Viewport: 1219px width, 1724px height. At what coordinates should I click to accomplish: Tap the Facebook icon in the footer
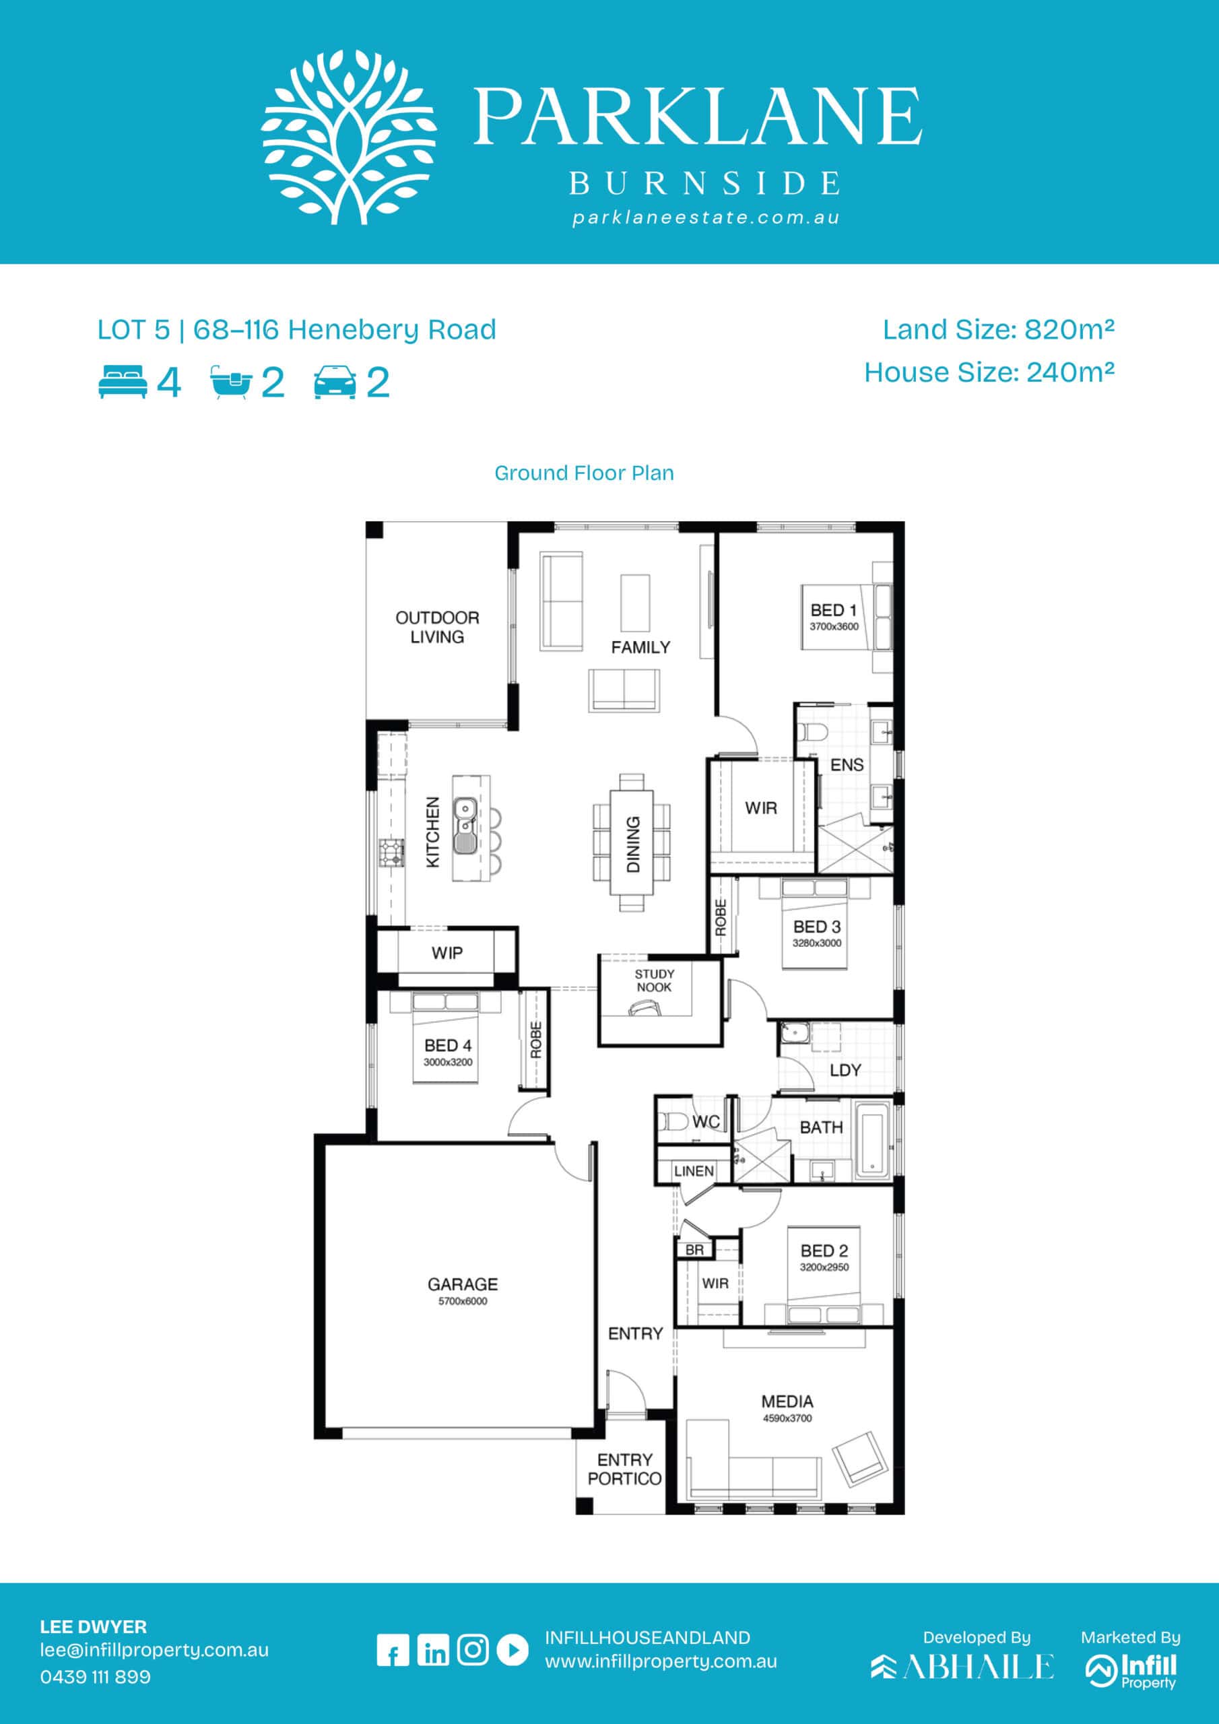coord(393,1651)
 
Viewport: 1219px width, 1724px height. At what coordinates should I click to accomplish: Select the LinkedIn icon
coord(432,1651)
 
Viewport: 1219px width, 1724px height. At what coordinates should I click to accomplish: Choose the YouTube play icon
coord(513,1651)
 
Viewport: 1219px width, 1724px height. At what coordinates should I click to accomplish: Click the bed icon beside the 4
coord(123,383)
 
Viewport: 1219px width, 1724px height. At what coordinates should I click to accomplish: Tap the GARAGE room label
coord(463,1284)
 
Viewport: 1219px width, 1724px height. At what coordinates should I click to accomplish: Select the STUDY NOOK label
coord(654,981)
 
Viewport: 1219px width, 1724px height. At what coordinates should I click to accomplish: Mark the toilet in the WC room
coord(673,1122)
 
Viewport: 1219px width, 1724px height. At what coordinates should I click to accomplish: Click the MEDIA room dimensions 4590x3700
coord(787,1418)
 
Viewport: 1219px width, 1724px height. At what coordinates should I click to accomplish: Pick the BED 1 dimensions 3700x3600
coord(834,626)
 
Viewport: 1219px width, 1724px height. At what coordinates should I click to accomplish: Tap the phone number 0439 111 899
coord(96,1677)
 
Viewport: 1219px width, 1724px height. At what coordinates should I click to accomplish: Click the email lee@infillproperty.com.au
coord(154,1651)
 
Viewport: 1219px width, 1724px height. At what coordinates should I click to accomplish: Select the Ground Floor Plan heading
coord(584,473)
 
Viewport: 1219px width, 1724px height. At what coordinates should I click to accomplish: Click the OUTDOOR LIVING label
coord(437,627)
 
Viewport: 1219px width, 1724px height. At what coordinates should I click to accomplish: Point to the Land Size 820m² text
coord(998,329)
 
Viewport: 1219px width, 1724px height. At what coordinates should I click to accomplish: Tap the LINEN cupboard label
coord(694,1171)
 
